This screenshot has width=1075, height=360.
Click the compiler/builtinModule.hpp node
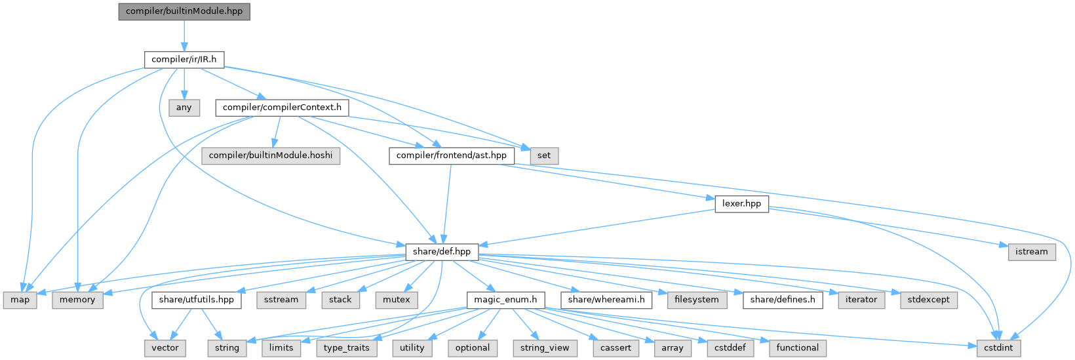[x=184, y=12]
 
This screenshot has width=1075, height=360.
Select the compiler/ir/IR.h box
[x=184, y=60]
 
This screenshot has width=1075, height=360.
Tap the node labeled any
[x=184, y=108]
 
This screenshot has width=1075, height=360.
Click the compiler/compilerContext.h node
[x=281, y=108]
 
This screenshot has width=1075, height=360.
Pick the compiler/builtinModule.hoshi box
[x=271, y=155]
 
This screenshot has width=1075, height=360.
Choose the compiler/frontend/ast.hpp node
[x=451, y=155]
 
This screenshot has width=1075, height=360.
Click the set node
[x=544, y=155]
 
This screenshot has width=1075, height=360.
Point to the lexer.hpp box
[x=741, y=203]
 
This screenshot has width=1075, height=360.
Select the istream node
[x=1031, y=251]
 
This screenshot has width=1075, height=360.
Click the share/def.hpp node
[x=442, y=251]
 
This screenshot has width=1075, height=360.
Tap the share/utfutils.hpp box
[x=197, y=300]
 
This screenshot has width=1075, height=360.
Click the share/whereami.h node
[x=606, y=300]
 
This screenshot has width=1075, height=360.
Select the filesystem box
[x=696, y=300]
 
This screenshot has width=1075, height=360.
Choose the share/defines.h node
[x=783, y=300]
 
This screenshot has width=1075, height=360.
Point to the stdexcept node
[x=929, y=300]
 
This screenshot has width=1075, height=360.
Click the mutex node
[x=397, y=300]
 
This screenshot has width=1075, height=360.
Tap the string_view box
[x=545, y=348]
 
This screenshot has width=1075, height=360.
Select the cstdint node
[x=998, y=348]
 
